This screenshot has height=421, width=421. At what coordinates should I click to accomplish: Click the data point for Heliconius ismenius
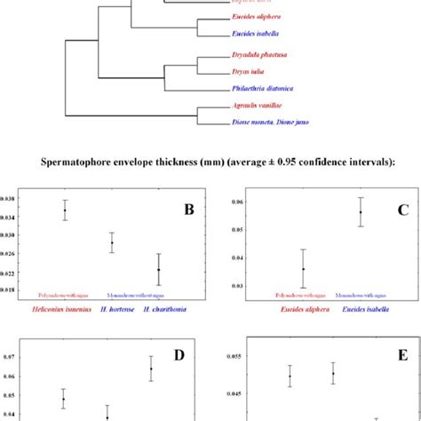pos(65,210)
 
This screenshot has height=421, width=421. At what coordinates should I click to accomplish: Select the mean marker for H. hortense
pos(112,242)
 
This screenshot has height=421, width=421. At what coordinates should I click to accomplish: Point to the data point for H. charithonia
pos(158,269)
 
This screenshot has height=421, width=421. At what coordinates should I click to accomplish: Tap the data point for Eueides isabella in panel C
pos(361,211)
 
